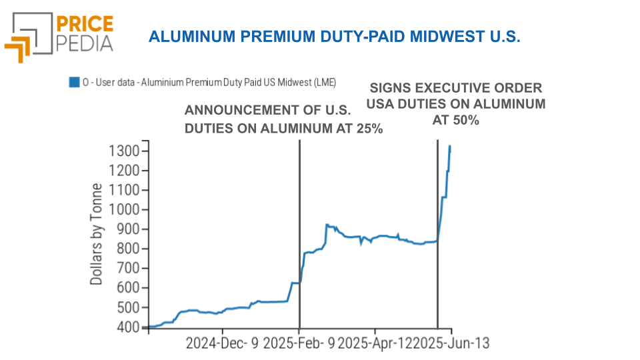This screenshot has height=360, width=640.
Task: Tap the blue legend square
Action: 74,82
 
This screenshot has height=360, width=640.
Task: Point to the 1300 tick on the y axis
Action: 124,151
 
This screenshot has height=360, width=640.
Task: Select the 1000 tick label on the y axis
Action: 124,210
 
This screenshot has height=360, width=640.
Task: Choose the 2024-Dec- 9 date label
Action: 222,344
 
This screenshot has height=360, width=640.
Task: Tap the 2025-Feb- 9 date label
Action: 300,344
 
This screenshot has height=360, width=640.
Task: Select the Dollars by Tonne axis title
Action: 97,234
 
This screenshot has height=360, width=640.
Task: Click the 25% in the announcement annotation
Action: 368,128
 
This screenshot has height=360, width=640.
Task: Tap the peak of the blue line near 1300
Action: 450,146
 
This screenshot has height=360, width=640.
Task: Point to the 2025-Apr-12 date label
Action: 376,344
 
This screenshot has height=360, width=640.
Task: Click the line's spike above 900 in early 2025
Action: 327,225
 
